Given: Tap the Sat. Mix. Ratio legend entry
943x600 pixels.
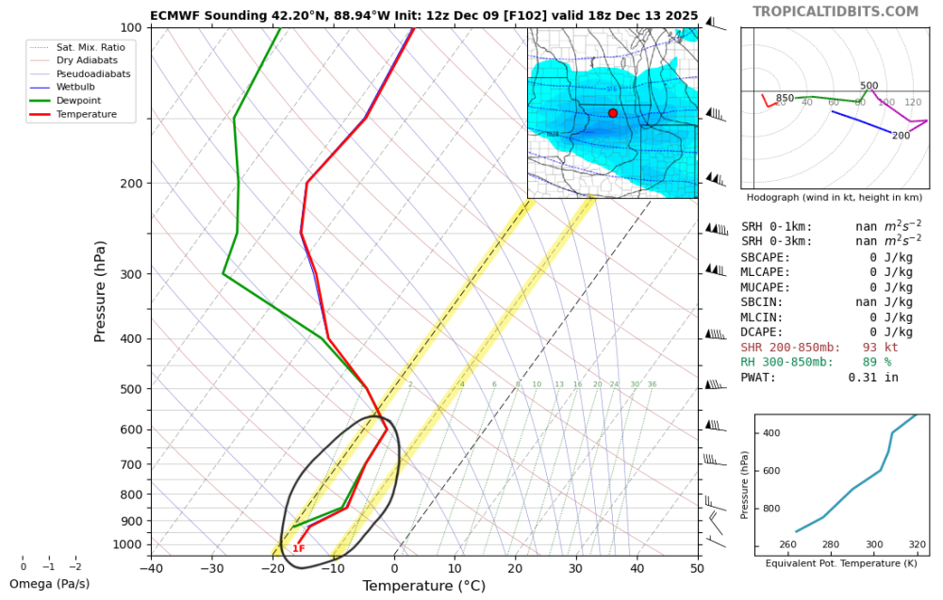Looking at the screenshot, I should pyautogui.click(x=90, y=46).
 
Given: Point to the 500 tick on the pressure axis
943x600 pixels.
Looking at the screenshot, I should pyautogui.click(x=131, y=389).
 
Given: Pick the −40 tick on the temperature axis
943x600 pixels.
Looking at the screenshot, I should pyautogui.click(x=151, y=568).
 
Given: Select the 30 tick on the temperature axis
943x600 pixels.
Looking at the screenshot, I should pyautogui.click(x=576, y=568).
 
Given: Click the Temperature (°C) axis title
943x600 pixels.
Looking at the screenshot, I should pyautogui.click(x=423, y=586).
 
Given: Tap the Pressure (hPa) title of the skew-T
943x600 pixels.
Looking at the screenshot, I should pyautogui.click(x=99, y=291).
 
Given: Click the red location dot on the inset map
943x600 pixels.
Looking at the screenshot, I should pyautogui.click(x=613, y=113).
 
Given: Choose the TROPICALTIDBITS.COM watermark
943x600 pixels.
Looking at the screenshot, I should pyautogui.click(x=835, y=11).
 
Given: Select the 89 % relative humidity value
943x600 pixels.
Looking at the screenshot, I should pyautogui.click(x=876, y=363).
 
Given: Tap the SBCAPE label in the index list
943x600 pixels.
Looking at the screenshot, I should pyautogui.click(x=766, y=257).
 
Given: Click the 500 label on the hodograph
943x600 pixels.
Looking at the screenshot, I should pyautogui.click(x=869, y=86).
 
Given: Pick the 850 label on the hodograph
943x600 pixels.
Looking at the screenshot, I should pyautogui.click(x=785, y=98).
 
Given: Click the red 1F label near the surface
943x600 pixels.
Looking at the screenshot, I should pyautogui.click(x=298, y=548).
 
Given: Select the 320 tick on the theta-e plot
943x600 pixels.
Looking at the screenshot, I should pyautogui.click(x=917, y=544).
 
